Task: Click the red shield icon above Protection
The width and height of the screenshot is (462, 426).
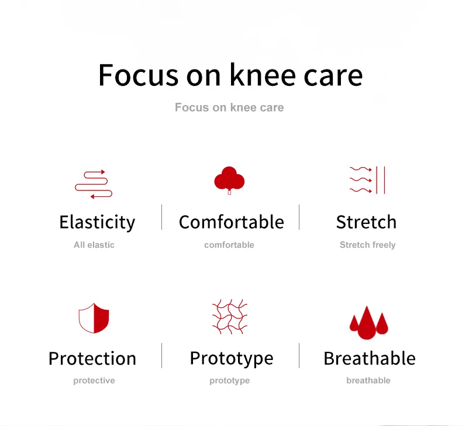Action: pyautogui.click(x=94, y=318)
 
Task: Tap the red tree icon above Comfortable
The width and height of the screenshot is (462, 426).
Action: pyautogui.click(x=229, y=180)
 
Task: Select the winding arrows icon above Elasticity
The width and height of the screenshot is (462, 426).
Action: pyautogui.click(x=94, y=184)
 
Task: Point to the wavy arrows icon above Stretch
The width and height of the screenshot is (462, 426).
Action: pyautogui.click(x=367, y=180)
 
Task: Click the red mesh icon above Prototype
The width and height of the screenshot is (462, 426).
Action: pyautogui.click(x=230, y=317)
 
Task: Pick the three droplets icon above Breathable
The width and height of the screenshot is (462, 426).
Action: pyautogui.click(x=368, y=323)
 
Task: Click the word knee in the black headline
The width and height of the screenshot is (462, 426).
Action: pyautogui.click(x=263, y=75)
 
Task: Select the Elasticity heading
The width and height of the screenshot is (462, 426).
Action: pyautogui.click(x=97, y=222)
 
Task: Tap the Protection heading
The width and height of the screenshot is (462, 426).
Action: pyautogui.click(x=92, y=359)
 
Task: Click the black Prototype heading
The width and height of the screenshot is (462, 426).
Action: pyautogui.click(x=232, y=359)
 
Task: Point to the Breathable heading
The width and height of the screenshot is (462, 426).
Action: pyautogui.click(x=370, y=358)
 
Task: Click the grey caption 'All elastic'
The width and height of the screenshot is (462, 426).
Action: pyautogui.click(x=94, y=245)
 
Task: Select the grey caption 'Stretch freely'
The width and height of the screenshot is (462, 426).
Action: pyautogui.click(x=367, y=245)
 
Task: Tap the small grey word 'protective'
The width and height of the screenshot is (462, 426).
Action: pyautogui.click(x=94, y=380)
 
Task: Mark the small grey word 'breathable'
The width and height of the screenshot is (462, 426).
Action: pyautogui.click(x=368, y=380)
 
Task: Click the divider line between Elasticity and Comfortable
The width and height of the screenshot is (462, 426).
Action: pyautogui.click(x=162, y=217)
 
